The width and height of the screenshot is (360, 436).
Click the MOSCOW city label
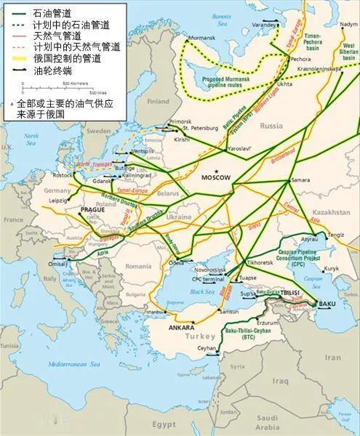(215, 177)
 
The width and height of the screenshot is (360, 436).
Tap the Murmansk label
(201, 36)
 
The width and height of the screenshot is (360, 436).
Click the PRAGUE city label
(94, 210)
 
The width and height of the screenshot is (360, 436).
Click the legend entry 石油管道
(45, 10)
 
